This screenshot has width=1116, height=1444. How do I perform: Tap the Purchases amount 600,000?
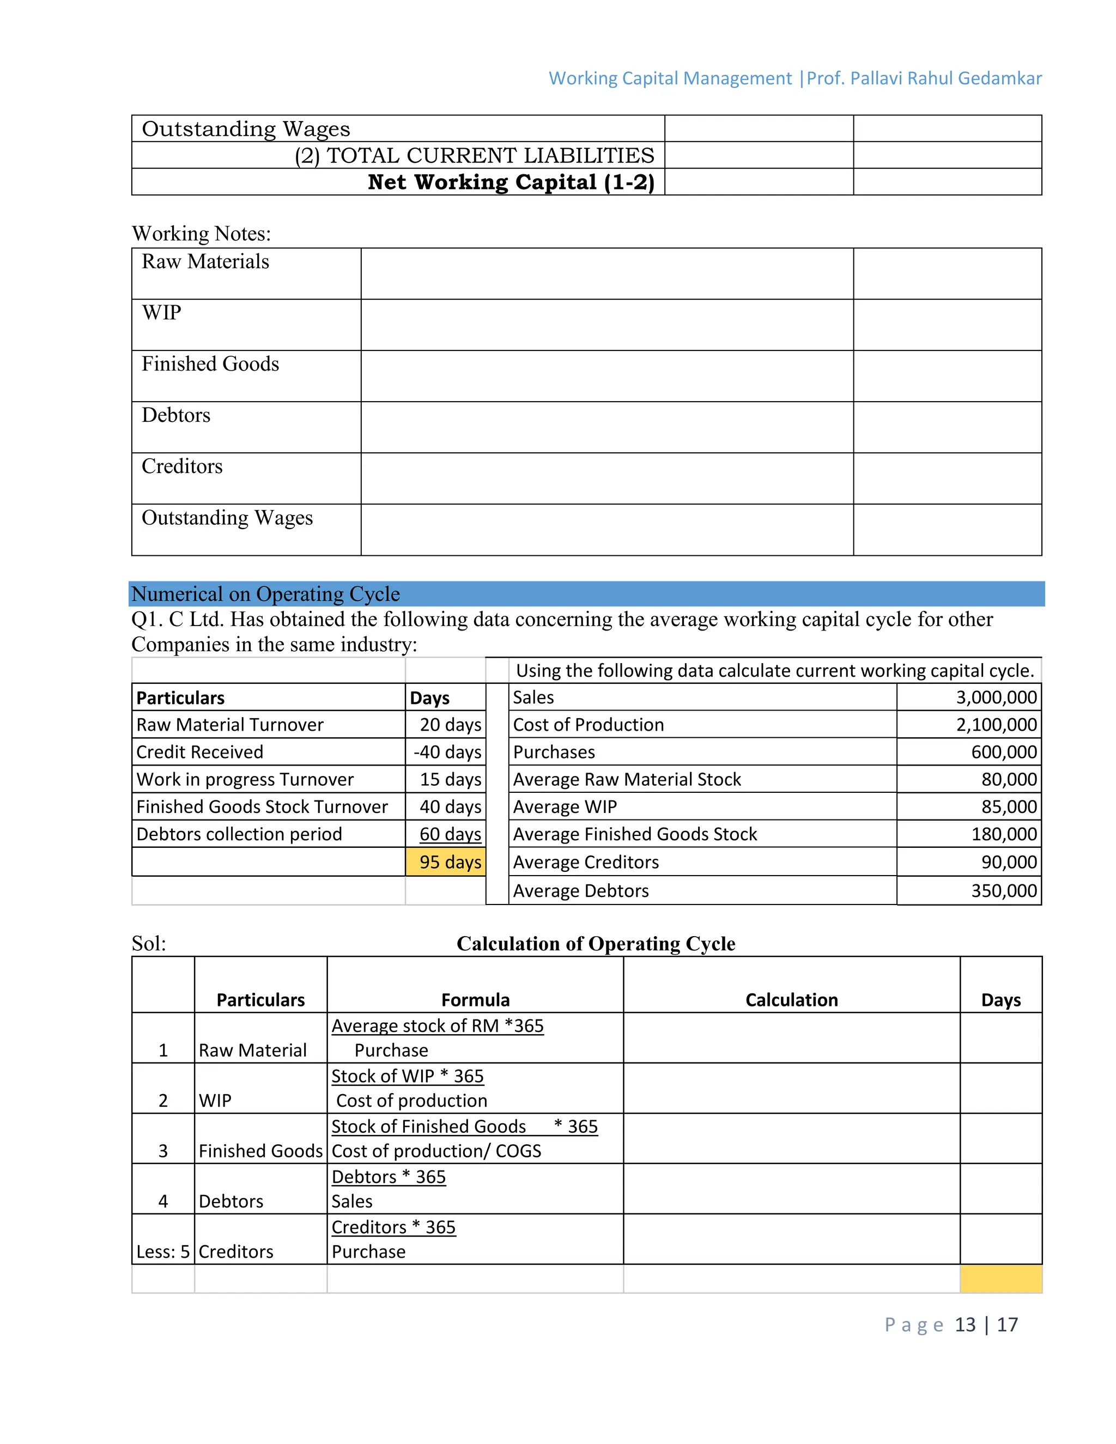[1004, 753]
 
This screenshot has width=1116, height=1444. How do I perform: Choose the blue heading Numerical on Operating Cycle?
[266, 594]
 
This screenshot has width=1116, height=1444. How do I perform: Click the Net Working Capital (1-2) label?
[511, 183]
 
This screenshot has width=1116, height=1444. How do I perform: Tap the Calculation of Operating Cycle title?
[596, 943]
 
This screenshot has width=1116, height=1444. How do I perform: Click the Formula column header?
[475, 1000]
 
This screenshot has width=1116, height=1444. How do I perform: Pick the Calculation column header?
[791, 1000]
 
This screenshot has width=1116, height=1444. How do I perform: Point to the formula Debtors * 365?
[389, 1177]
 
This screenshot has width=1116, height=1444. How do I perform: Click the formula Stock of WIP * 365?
[407, 1076]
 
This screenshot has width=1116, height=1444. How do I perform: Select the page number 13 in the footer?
[965, 1325]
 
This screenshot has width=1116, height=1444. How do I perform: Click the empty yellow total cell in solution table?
[1001, 1279]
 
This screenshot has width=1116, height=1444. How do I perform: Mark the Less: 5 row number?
[162, 1252]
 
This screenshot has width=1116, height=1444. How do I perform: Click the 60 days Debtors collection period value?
[450, 834]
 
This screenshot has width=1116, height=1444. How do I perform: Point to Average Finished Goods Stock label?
[635, 834]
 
